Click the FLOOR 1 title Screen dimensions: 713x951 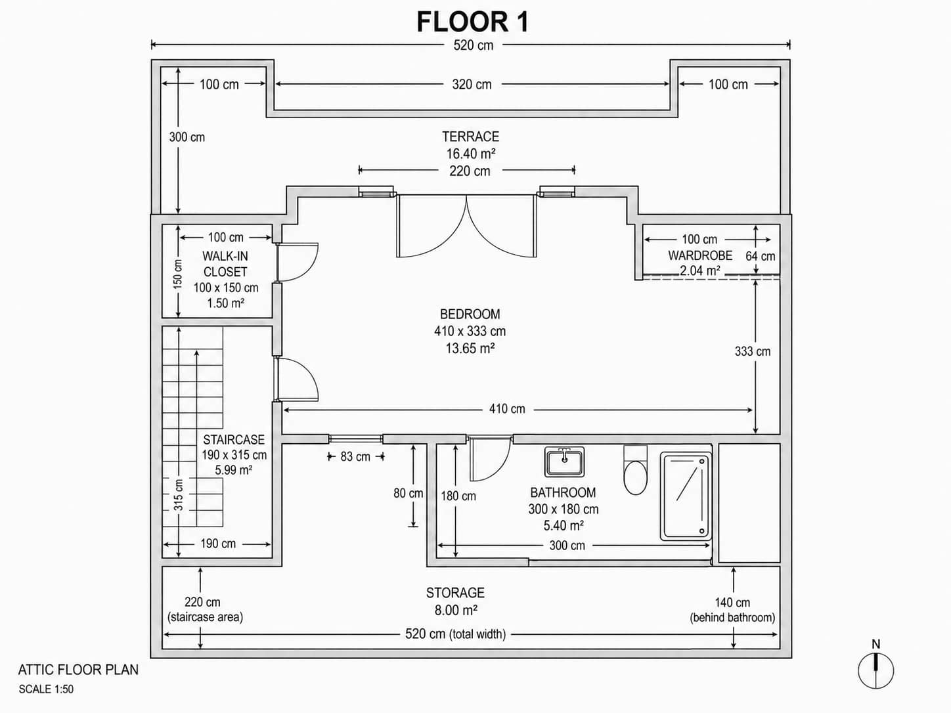pos(472,22)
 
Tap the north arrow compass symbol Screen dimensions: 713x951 pos(875,670)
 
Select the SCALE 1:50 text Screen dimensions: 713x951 pos(46,689)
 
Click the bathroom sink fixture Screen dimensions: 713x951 pos(564,462)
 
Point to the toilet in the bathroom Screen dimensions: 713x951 pos(635,471)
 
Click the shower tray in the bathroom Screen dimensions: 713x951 pos(686,496)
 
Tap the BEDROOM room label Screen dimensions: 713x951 pos(470,314)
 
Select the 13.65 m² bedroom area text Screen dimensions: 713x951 pos(470,349)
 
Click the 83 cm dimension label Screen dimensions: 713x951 pos(355,456)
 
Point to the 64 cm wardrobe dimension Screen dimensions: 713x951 pos(760,256)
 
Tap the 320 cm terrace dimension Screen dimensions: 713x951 pos(472,85)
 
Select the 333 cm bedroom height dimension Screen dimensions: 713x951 pos(753,351)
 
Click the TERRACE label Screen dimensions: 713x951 pos(470,137)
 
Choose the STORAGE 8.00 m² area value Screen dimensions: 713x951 pos(455,611)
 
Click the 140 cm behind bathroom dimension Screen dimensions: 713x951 pos(732,603)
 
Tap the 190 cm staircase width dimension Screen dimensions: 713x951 pos(218,544)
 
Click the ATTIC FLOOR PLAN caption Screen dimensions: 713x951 pos(78,670)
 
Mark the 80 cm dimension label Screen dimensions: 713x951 pos(408,493)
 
